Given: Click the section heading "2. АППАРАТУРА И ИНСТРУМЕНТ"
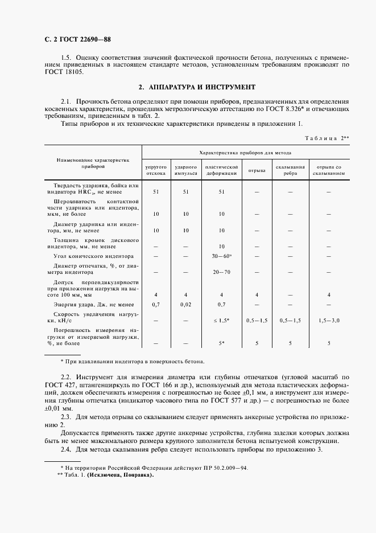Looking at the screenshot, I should click(197, 88).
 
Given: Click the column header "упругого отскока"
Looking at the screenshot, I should click(155, 170).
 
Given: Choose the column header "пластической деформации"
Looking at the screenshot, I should click(221, 170).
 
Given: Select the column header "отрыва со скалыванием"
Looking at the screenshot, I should click(328, 170).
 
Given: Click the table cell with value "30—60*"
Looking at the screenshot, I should click(222, 256).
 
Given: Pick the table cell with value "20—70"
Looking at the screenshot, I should click(221, 272).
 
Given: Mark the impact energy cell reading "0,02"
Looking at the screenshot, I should click(185, 305).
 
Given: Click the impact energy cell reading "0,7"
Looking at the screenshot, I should click(155, 305).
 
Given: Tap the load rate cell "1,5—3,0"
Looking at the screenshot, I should click(328, 321).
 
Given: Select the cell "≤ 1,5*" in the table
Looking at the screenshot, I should click(221, 321).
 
